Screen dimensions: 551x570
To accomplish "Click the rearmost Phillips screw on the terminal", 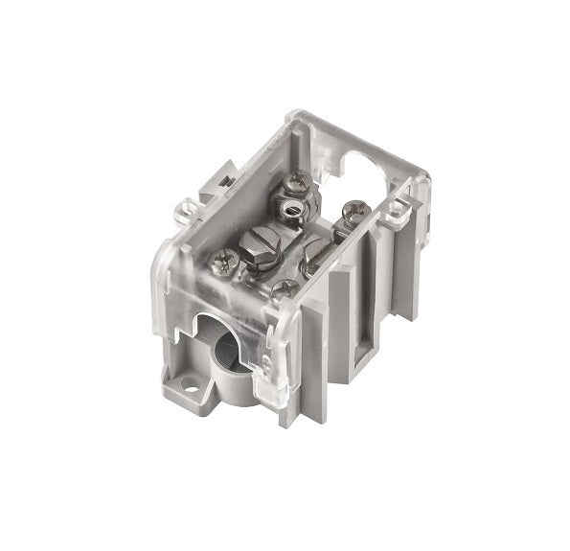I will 300,179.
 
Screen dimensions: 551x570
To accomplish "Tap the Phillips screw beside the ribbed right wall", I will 353,209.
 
